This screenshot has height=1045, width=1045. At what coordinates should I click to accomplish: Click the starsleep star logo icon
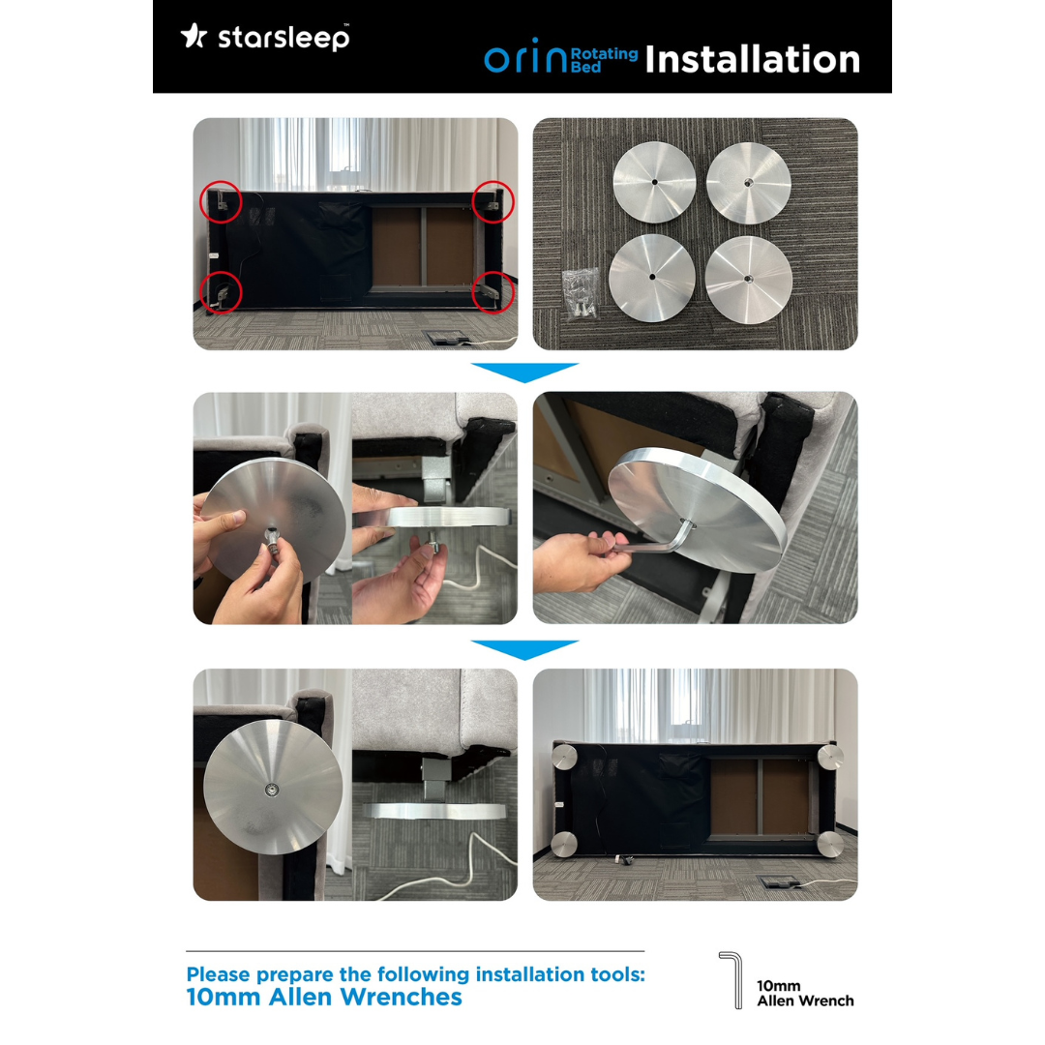[x=194, y=36]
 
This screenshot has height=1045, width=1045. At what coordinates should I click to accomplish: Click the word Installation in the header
[x=752, y=59]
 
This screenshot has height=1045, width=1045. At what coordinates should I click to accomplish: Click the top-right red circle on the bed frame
[x=493, y=201]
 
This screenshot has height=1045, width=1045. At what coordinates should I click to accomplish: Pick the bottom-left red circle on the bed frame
[x=221, y=290]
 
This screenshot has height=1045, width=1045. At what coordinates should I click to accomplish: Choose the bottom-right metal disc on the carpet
[x=749, y=280]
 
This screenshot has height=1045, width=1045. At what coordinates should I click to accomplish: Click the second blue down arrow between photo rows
[x=523, y=649]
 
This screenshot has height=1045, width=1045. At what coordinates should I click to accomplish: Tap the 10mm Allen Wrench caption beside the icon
[x=805, y=994]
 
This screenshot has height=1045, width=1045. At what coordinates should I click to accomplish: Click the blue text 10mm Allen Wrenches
[x=324, y=998]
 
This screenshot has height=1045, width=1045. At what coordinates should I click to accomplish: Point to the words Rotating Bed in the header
[x=604, y=59]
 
